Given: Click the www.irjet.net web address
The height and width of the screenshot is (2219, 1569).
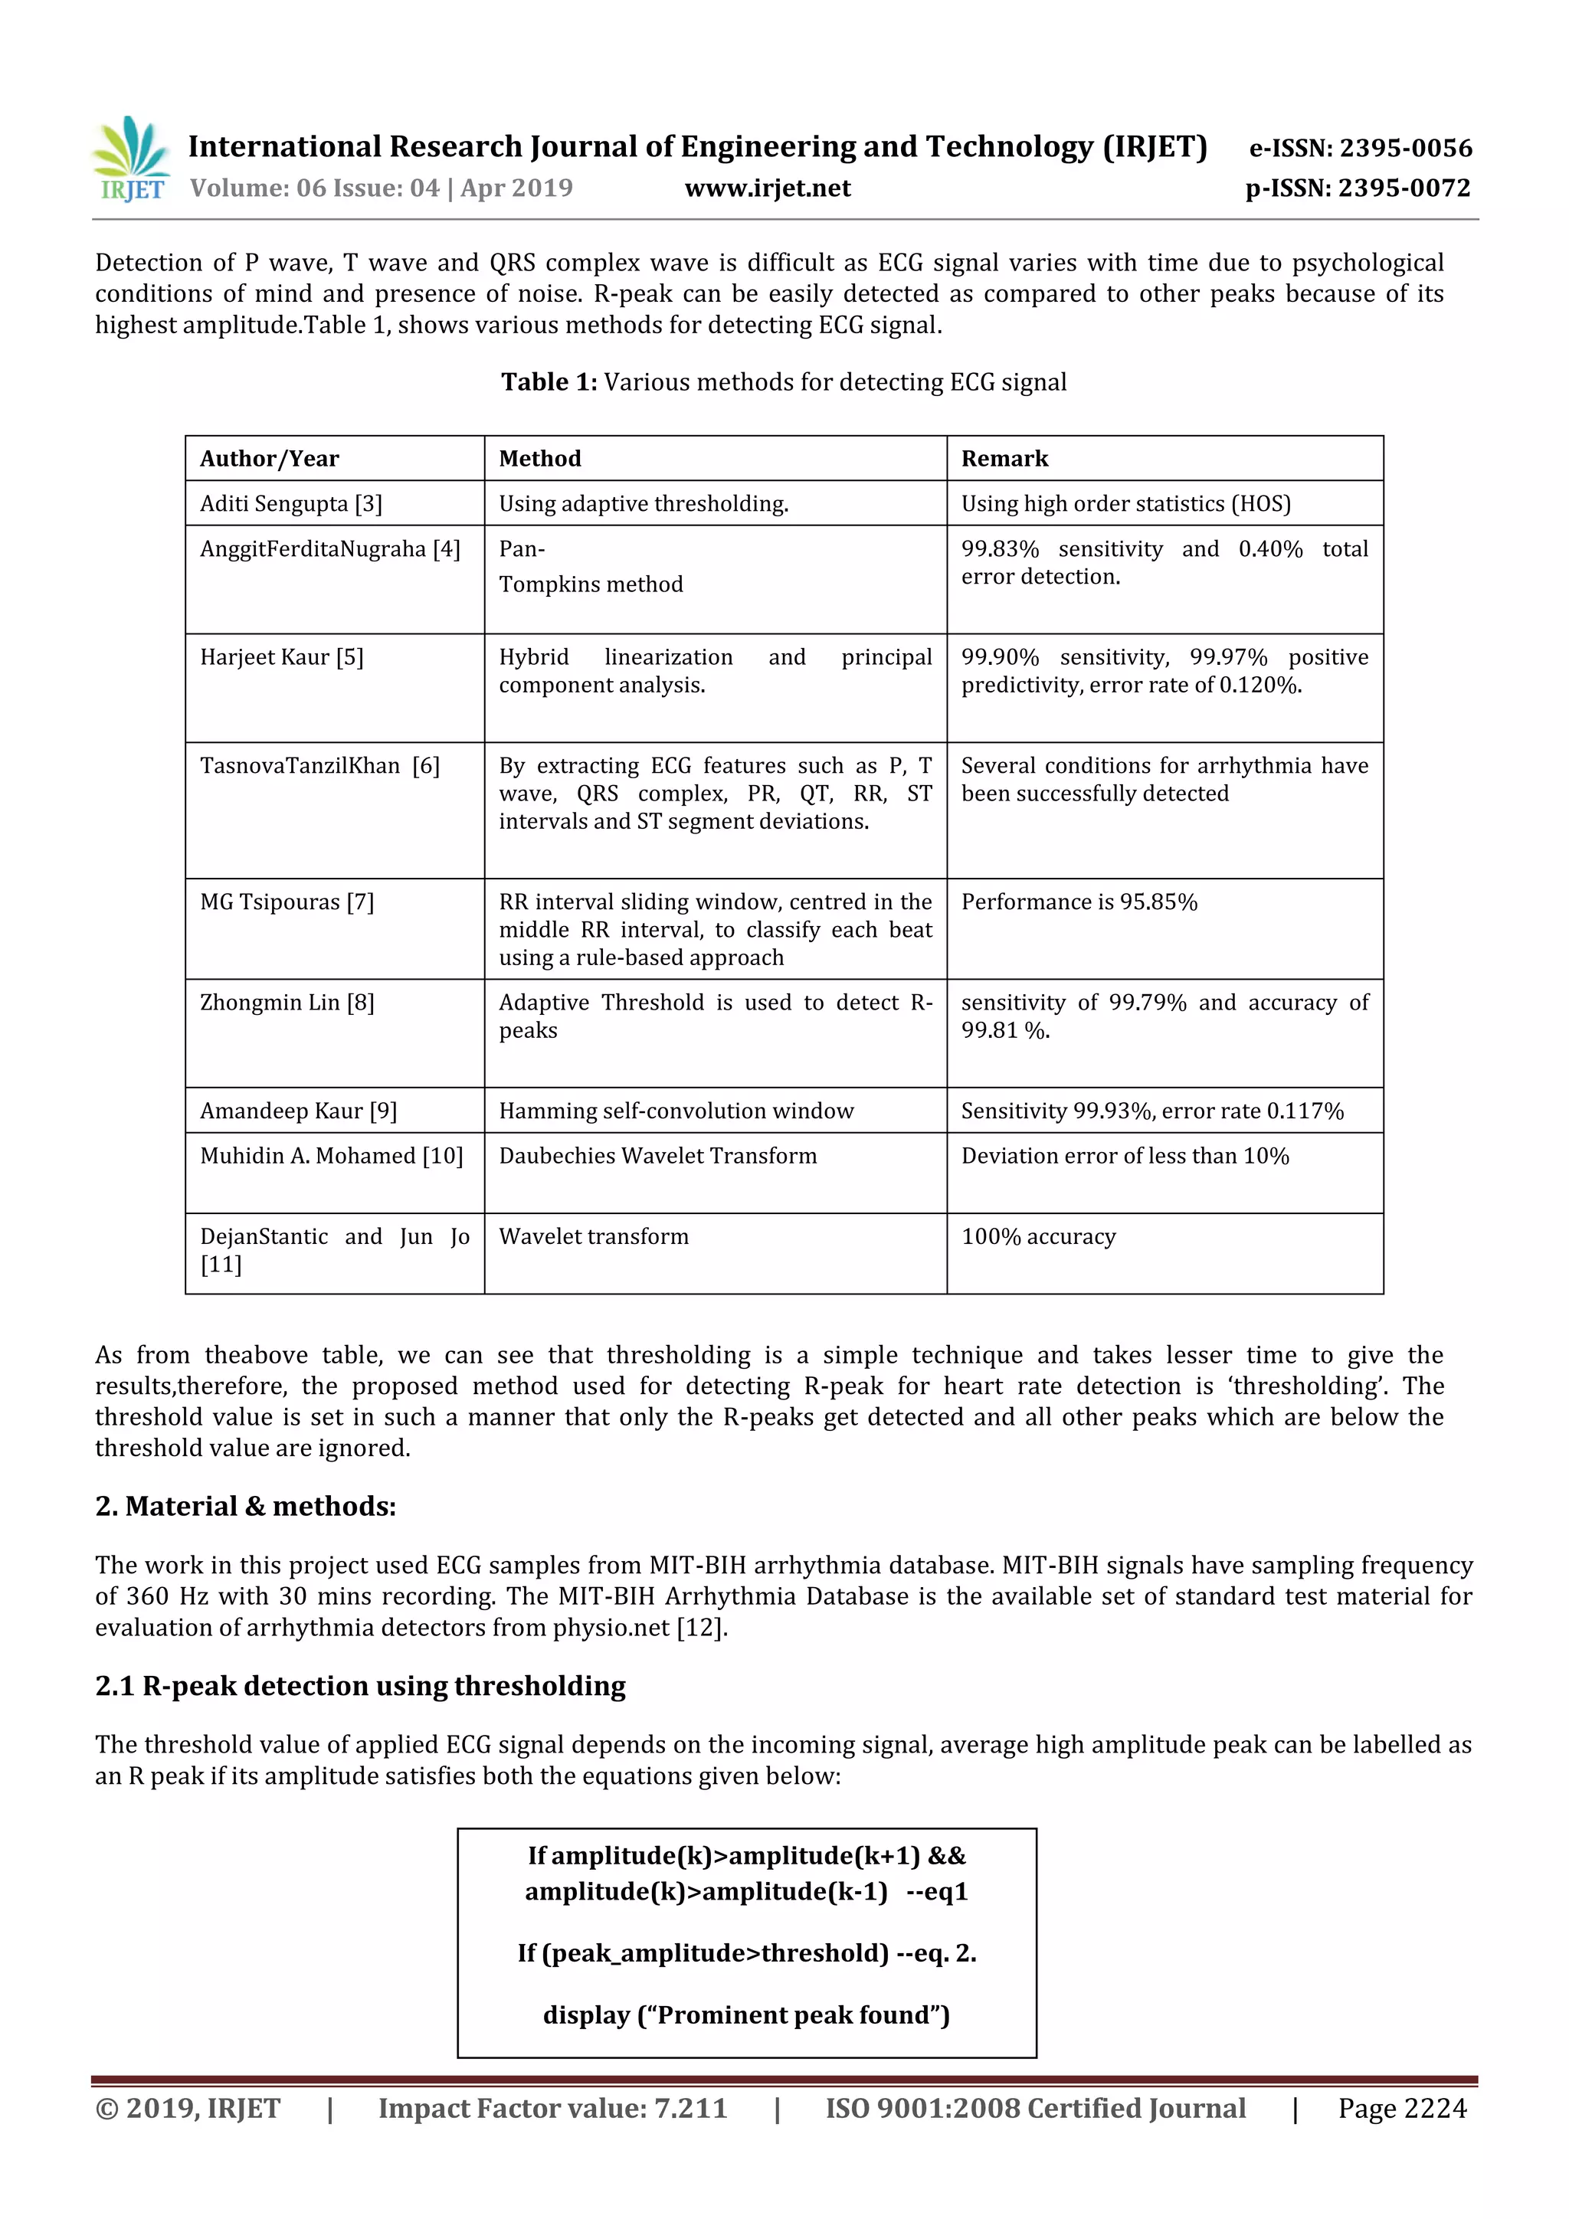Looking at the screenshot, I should click(768, 188).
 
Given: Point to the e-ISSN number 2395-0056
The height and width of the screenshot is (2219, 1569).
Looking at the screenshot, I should click(1360, 148).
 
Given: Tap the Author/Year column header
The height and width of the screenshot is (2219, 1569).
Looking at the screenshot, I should click(270, 459).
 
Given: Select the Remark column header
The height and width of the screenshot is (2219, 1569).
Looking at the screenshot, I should click(1004, 459).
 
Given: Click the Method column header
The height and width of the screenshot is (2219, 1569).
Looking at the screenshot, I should click(539, 459).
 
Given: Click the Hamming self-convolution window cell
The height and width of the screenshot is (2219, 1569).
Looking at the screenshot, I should click(676, 1111).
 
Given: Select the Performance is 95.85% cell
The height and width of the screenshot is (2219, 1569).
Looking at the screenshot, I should click(1079, 902).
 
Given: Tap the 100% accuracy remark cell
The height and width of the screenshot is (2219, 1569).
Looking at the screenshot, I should click(1038, 1236).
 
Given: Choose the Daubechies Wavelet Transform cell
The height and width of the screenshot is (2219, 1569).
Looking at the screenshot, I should click(657, 1156).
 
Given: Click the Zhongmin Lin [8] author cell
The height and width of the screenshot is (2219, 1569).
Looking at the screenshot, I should click(287, 1002).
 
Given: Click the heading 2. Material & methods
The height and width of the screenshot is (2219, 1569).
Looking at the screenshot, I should click(246, 1506).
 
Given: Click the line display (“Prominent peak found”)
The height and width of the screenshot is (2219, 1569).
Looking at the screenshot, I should click(746, 2015).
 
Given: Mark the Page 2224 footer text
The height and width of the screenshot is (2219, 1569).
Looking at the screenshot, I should click(1402, 2109).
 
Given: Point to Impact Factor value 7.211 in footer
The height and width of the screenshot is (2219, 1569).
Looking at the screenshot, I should click(552, 2109).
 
